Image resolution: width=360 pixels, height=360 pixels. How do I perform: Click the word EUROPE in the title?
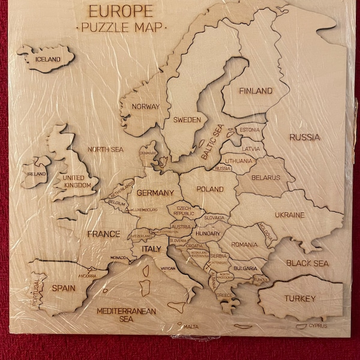[120, 11]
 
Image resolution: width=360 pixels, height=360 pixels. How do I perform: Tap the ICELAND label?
[48, 59]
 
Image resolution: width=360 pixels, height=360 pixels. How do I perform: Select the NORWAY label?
[145, 107]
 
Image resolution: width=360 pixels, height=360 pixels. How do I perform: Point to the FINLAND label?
[256, 91]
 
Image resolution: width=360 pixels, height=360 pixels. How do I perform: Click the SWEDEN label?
[187, 120]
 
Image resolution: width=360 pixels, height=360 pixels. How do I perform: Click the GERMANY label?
[155, 193]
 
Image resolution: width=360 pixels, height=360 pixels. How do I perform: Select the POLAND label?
[210, 189]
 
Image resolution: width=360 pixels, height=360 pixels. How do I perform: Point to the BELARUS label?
[265, 178]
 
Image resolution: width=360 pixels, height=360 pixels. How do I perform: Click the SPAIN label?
[64, 288]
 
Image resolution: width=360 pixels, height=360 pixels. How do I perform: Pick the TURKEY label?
[300, 298]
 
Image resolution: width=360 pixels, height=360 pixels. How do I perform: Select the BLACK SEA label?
[307, 263]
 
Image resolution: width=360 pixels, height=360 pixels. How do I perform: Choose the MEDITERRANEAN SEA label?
[126, 315]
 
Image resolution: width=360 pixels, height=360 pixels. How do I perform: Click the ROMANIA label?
[244, 244]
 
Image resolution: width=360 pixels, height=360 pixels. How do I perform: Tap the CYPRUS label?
[318, 326]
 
